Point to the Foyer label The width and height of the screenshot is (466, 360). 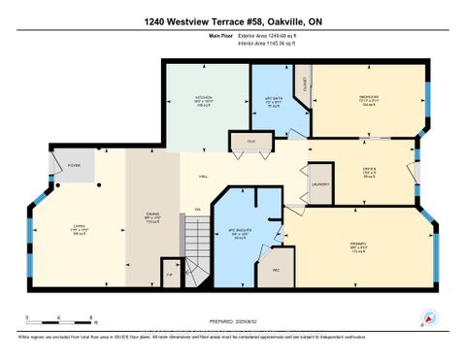click(74, 166)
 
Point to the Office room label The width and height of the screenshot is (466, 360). click(369, 172)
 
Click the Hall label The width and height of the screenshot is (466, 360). click(204, 177)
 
